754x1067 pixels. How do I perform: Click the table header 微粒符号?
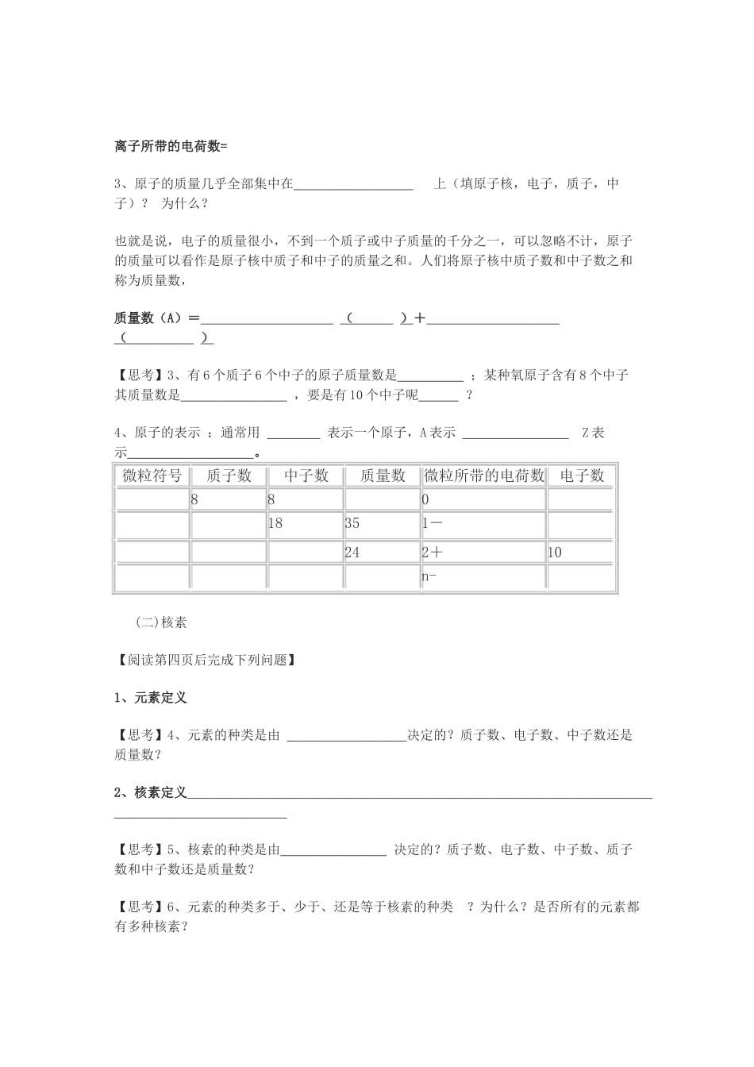pos(152,476)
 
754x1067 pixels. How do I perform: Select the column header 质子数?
pos(229,476)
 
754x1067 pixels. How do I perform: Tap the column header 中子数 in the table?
pos(306,476)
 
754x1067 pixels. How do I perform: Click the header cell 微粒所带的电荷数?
pos(484,476)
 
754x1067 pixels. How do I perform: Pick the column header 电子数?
pos(582,476)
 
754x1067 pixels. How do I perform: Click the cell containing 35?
pos(352,524)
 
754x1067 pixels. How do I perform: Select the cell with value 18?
pos(275,524)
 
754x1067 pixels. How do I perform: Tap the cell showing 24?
pos(352,553)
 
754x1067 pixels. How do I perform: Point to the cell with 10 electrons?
pos(555,553)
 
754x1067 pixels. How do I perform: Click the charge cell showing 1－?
pos(433,524)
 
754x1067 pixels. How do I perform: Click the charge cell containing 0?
pos(426,500)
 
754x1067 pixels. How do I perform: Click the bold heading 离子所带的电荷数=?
pos(171,146)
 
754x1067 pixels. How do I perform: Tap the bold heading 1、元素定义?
pos(151,698)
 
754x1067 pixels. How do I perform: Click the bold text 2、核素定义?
pos(151,792)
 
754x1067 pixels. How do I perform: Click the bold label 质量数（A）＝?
pos(157,318)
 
